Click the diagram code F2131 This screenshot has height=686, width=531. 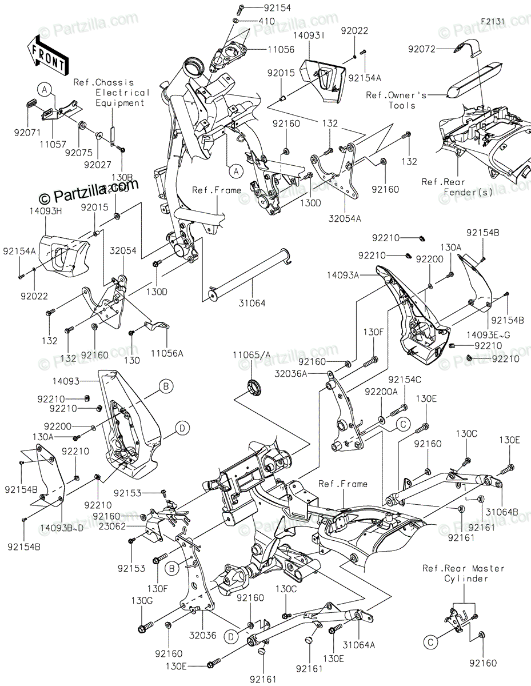point(493,22)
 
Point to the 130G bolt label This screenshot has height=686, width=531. point(141,601)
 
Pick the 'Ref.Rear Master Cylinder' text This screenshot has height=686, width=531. point(464,573)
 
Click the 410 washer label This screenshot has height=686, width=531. point(266,21)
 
